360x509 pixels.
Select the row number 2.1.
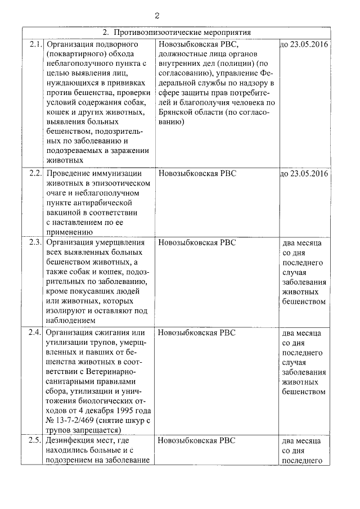click(x=35, y=44)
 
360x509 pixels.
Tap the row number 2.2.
click(x=35, y=172)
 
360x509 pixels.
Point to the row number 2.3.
click(x=35, y=242)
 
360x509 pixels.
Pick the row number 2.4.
click(x=35, y=332)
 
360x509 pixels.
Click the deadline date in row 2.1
click(x=304, y=44)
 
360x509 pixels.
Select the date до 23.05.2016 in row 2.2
click(x=304, y=172)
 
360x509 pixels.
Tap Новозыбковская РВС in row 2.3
click(x=197, y=242)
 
